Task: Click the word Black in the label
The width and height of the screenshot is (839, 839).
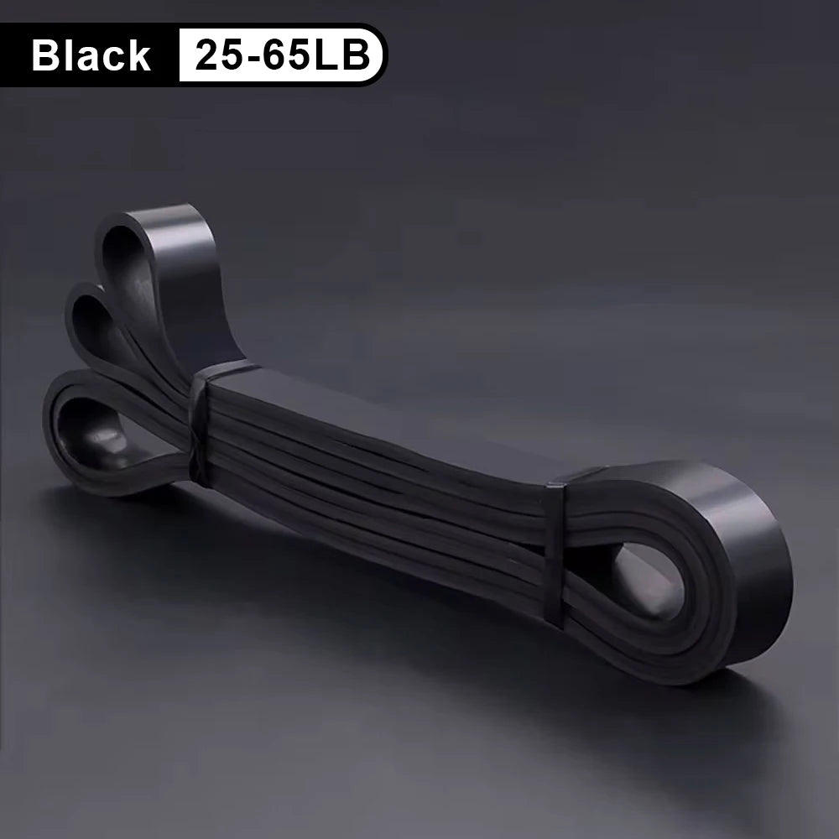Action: coord(91,55)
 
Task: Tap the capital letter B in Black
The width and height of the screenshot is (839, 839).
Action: coord(45,55)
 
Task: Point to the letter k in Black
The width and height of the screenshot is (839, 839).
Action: coord(139,55)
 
